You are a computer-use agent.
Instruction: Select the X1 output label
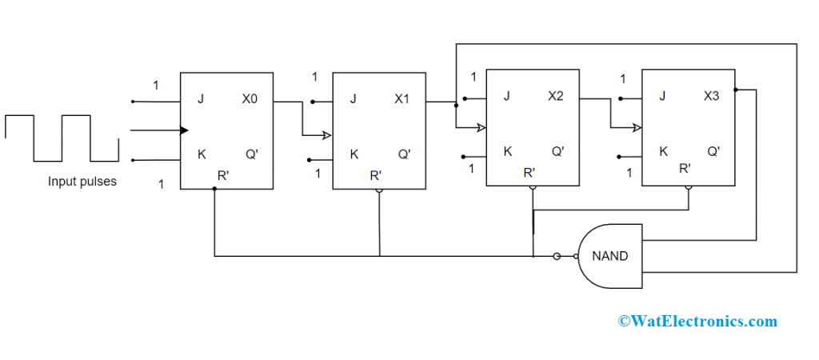(x=402, y=100)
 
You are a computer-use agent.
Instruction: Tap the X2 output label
(x=556, y=96)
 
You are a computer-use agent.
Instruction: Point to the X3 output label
(x=711, y=96)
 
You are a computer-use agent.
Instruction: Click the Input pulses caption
(x=82, y=182)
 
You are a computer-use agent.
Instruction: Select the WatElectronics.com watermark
(x=697, y=321)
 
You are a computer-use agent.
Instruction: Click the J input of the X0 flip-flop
(x=201, y=100)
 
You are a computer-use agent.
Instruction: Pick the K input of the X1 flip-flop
(x=354, y=154)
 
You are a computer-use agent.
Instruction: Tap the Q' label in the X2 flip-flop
(x=557, y=150)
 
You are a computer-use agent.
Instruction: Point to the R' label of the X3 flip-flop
(x=685, y=169)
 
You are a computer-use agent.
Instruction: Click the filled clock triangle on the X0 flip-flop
(x=185, y=130)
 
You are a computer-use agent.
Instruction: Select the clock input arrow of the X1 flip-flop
(x=327, y=135)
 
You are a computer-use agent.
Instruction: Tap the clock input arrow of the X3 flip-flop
(x=637, y=126)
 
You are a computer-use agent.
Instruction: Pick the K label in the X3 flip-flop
(x=663, y=150)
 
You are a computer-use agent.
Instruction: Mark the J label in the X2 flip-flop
(x=506, y=96)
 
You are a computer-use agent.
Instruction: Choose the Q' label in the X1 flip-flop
(x=404, y=154)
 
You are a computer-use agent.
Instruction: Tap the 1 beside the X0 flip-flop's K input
(x=161, y=185)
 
